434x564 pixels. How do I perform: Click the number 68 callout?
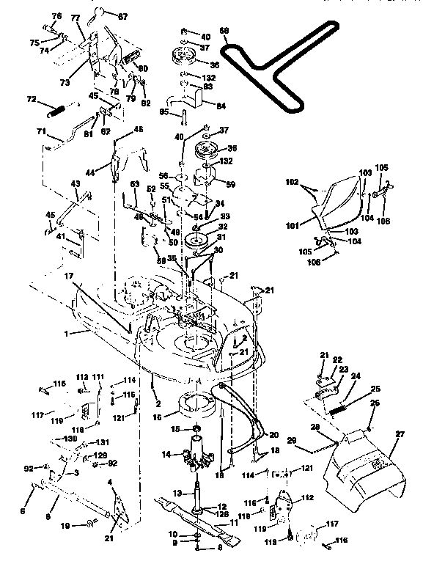(x=224, y=31)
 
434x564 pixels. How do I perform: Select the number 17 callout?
(x=68, y=276)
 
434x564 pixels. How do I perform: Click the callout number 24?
(x=355, y=377)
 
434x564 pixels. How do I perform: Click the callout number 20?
(x=273, y=434)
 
